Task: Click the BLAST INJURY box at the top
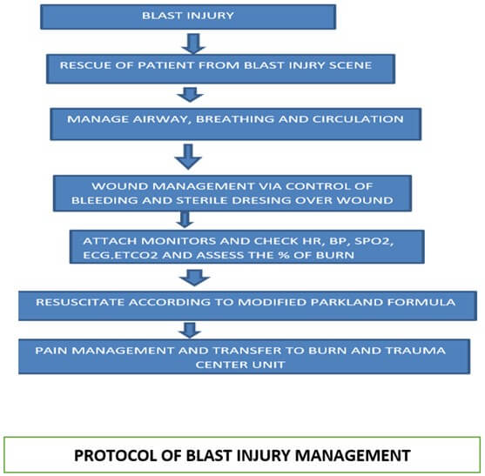click(x=188, y=17)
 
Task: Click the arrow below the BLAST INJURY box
click(x=193, y=44)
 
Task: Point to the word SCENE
click(x=350, y=65)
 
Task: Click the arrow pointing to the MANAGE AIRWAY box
click(x=190, y=95)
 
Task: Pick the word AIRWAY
click(x=160, y=119)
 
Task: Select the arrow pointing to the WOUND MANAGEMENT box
click(x=188, y=157)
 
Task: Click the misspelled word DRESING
click(x=261, y=200)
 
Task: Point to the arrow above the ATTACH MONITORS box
click(x=185, y=220)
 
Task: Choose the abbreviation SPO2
click(x=374, y=241)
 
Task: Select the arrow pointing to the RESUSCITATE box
click(x=194, y=278)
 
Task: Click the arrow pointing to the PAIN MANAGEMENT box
click(x=190, y=330)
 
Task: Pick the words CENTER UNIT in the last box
click(x=240, y=365)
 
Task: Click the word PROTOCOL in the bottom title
click(x=114, y=456)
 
